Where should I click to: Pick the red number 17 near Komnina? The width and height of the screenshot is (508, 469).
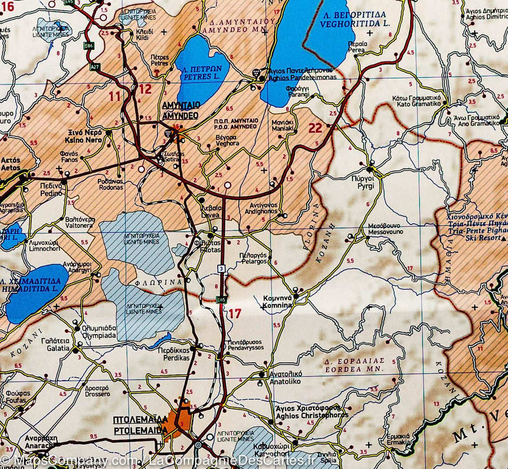coord(235,313)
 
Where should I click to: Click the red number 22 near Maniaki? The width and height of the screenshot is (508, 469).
coord(316,128)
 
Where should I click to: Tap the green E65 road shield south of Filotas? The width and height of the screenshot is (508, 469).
coord(221,299)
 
